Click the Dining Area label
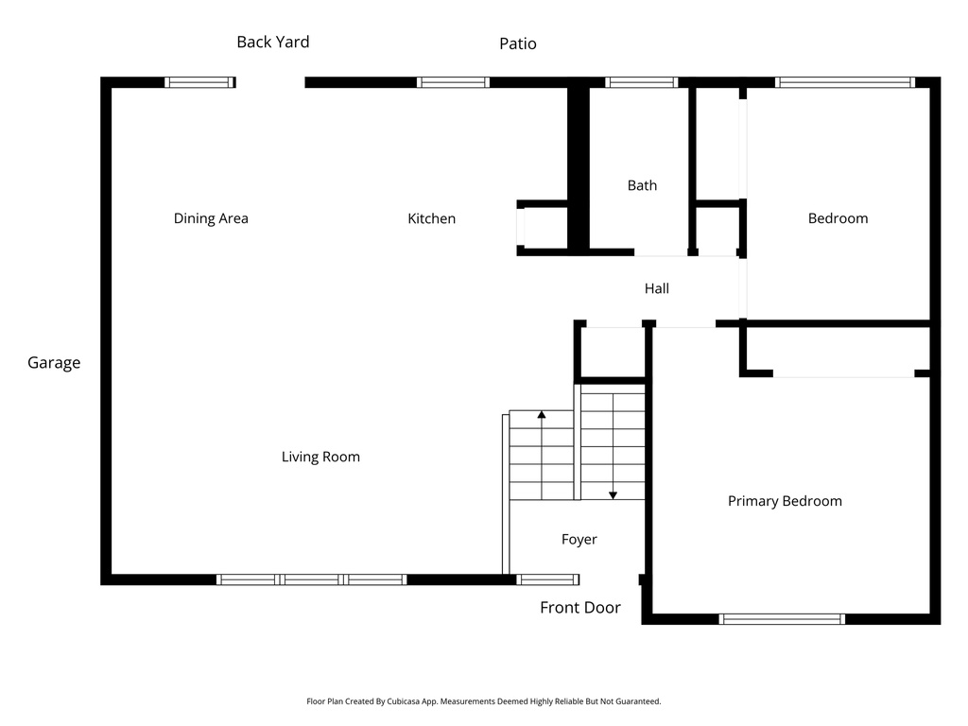click(211, 218)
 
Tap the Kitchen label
click(431, 218)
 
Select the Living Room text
click(320, 457)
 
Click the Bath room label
click(642, 185)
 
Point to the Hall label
click(656, 288)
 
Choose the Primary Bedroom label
click(785, 501)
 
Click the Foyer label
click(579, 539)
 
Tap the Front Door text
click(579, 607)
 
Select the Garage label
click(54, 362)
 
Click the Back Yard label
click(272, 42)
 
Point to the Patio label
click(517, 43)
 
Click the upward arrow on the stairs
click(541, 415)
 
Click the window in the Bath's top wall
click(642, 82)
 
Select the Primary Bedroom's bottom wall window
click(781, 619)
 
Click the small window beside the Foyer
click(547, 579)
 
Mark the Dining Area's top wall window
click(199, 82)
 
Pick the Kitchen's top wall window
click(453, 82)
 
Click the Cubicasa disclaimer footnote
click(483, 701)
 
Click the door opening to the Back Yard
click(270, 82)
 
